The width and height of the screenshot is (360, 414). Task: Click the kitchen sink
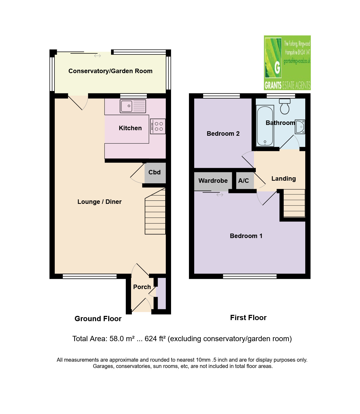133,106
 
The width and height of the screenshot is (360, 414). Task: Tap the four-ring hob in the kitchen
158,127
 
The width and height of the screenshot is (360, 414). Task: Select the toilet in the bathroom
285,106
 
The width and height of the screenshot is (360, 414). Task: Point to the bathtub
265,126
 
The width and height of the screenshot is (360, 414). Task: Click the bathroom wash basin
300,127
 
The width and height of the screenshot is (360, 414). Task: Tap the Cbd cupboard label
154,172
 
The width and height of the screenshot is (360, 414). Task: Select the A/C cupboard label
243,181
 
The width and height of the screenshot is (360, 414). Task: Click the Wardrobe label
213,181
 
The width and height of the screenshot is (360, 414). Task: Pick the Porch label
142,287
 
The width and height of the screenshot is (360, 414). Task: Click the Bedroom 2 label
223,134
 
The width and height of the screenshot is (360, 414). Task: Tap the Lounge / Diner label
99,202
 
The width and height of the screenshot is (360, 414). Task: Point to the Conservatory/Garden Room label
111,71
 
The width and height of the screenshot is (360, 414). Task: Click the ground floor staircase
155,211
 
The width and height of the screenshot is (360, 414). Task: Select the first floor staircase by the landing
294,203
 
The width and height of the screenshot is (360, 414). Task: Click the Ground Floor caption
98,319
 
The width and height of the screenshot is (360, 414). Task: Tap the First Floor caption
248,318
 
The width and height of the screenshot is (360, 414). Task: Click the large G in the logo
277,68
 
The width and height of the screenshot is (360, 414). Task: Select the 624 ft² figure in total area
155,339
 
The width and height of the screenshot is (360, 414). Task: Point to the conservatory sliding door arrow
97,56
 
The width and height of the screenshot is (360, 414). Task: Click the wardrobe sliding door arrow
220,195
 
